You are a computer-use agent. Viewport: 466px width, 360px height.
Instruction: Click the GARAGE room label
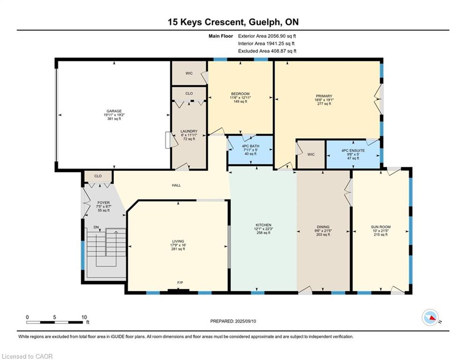pyautogui.click(x=114, y=111)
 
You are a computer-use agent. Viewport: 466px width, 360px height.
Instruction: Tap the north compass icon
pyautogui.click(x=430, y=317)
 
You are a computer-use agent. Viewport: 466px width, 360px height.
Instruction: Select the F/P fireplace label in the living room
pyautogui.click(x=180, y=283)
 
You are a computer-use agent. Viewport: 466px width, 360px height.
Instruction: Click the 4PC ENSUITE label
pyautogui.click(x=353, y=150)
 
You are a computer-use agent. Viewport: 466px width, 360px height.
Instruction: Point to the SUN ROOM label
pyautogui.click(x=381, y=227)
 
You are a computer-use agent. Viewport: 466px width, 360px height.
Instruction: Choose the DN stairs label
pyautogui.click(x=96, y=227)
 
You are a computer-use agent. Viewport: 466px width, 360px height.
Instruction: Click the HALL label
pyautogui.click(x=176, y=185)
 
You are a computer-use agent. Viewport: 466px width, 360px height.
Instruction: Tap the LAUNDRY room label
pyautogui.click(x=189, y=131)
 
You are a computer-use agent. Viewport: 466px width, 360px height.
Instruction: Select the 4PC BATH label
pyautogui.click(x=251, y=146)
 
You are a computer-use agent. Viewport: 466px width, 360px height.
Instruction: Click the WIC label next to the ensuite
pyautogui.click(x=311, y=154)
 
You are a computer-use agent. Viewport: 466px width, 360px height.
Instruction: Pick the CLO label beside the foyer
pyautogui.click(x=98, y=176)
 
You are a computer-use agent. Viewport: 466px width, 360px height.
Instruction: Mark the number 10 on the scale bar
pyautogui.click(x=84, y=317)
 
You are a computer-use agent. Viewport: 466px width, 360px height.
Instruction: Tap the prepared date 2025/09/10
pyautogui.click(x=245, y=321)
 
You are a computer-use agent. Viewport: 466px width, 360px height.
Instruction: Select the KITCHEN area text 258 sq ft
pyautogui.click(x=264, y=233)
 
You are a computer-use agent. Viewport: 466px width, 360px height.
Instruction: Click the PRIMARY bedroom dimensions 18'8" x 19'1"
pyautogui.click(x=324, y=100)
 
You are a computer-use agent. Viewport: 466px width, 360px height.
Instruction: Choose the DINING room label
pyautogui.click(x=323, y=227)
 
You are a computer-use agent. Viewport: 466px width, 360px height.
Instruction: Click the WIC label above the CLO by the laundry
pyautogui.click(x=189, y=73)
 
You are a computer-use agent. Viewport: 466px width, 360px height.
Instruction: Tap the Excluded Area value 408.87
pyautogui.click(x=279, y=51)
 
